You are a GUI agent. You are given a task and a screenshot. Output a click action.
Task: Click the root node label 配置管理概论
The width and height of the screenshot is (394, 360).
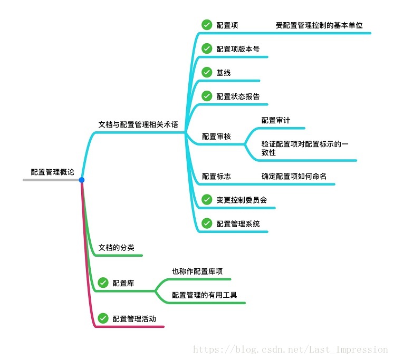(52, 172)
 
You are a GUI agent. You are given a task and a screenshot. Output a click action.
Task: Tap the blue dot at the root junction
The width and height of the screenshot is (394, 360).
(82, 180)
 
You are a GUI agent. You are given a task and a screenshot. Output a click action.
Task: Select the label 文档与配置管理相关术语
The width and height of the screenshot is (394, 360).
(138, 124)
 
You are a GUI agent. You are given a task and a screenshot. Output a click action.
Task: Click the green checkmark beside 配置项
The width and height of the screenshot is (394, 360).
(207, 25)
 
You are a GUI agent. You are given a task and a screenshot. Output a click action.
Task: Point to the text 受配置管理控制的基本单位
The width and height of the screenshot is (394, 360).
(319, 25)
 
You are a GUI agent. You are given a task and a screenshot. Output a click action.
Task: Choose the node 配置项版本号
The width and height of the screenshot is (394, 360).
(238, 49)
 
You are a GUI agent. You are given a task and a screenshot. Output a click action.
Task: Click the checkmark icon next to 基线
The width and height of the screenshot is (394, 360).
(207, 73)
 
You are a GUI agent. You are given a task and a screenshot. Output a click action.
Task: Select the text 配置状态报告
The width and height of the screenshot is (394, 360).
(238, 96)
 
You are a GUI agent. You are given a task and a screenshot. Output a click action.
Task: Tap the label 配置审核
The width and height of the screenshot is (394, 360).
(216, 137)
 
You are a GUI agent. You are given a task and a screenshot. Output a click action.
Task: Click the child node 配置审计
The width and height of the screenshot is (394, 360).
(276, 120)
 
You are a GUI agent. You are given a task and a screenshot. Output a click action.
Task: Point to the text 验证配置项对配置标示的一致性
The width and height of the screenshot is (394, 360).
(305, 148)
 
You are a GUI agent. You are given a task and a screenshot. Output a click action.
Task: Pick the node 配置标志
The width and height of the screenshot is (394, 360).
(216, 176)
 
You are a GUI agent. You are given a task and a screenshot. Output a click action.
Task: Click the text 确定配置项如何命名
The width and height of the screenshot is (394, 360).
(294, 176)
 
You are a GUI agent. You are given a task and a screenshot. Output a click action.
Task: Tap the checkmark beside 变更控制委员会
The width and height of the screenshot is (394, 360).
(207, 200)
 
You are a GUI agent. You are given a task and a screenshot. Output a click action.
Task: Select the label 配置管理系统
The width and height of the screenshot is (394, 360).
(238, 223)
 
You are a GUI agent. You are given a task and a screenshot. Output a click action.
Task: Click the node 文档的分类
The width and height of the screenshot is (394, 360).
(120, 247)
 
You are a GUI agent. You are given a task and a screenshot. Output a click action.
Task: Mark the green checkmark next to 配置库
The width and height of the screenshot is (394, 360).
(103, 283)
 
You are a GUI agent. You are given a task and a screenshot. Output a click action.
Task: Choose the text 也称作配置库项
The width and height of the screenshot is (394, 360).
(197, 271)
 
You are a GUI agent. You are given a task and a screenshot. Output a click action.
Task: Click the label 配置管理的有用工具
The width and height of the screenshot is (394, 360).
(204, 295)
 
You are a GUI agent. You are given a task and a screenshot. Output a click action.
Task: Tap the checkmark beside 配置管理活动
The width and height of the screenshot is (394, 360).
(103, 318)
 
